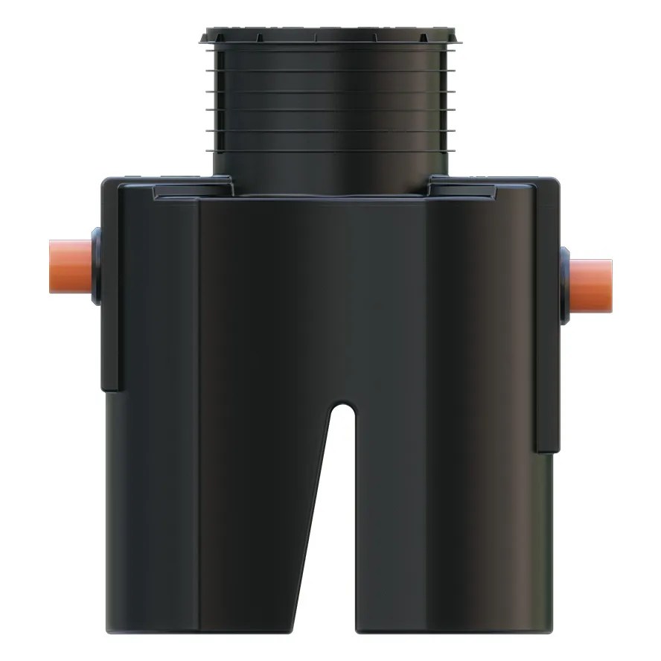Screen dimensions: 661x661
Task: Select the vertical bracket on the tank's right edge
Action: click(x=546, y=313)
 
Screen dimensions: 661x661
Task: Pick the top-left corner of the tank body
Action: click(x=106, y=181)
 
